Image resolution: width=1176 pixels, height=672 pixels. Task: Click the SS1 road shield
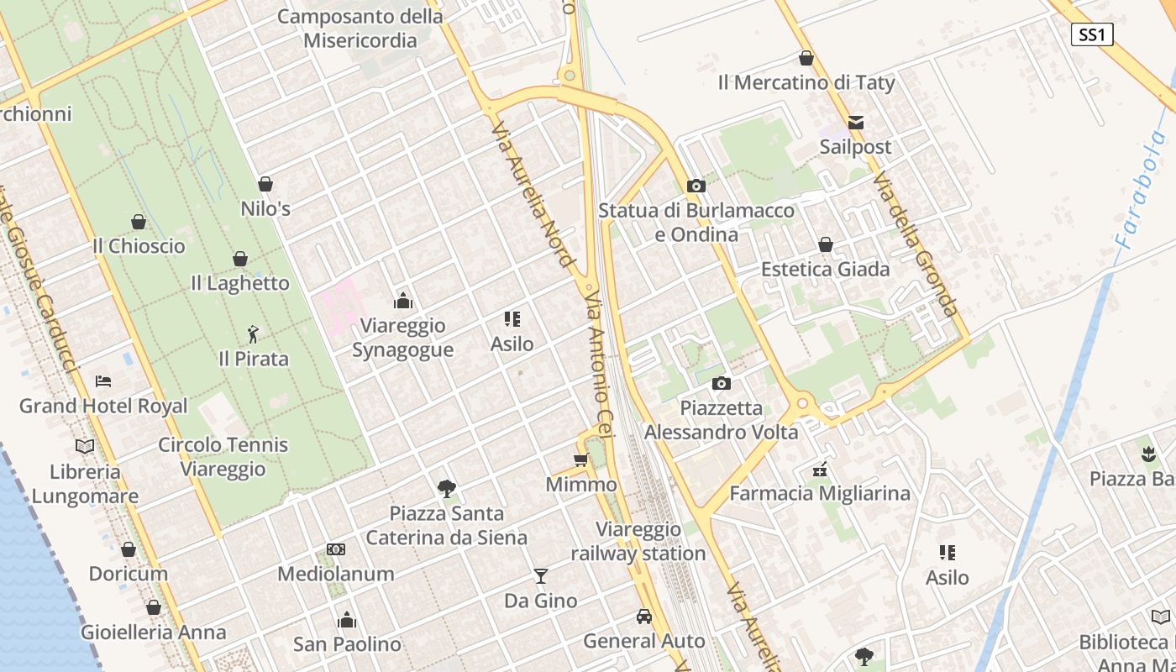point(1092,34)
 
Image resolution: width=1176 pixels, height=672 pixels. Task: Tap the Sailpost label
point(855,147)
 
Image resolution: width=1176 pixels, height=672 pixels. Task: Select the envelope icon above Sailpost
point(855,123)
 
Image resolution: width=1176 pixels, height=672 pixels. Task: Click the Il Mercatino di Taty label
point(806,82)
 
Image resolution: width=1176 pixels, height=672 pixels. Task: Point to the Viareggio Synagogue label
point(402,338)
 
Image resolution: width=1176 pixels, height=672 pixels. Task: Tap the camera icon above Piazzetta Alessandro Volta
point(721,384)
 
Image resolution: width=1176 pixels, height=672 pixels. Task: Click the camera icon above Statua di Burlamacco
point(696,186)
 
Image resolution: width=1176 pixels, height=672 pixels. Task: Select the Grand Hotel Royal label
point(103,407)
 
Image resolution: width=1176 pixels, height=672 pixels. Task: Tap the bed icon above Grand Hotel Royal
point(103,381)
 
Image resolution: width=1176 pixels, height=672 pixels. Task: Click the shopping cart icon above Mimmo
point(580,459)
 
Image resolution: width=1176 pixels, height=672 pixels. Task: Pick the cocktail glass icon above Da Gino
point(540,575)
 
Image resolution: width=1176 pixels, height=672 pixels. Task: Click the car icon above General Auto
point(643,616)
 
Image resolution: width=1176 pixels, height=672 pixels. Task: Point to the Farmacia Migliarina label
point(819,493)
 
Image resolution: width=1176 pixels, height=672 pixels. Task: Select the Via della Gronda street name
point(915,244)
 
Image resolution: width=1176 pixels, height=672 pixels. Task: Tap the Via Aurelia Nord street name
point(533,193)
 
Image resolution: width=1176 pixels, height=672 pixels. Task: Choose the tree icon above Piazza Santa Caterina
point(446,488)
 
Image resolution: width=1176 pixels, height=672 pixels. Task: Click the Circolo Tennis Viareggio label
point(223,457)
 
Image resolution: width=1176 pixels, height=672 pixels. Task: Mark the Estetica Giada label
point(825,270)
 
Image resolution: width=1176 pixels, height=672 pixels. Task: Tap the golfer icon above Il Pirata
point(253,334)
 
